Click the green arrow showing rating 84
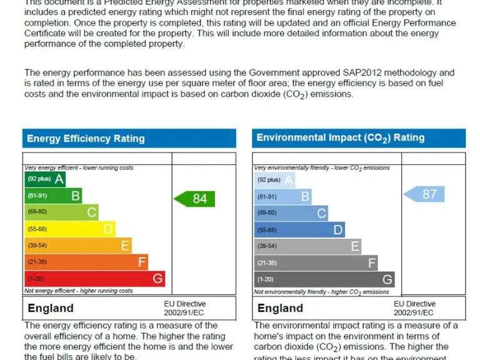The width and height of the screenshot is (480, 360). (x=194, y=199)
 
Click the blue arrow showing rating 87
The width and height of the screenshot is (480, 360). (x=424, y=194)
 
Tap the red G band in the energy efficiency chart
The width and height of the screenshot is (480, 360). (x=94, y=279)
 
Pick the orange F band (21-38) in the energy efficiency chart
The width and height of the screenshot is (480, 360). (x=86, y=262)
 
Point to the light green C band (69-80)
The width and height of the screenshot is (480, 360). (x=61, y=212)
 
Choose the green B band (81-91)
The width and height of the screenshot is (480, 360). (x=53, y=196)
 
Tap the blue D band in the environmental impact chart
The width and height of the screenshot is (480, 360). (x=299, y=229)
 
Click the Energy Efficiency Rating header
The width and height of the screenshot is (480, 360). (x=86, y=139)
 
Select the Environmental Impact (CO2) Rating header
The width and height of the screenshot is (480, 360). (x=340, y=138)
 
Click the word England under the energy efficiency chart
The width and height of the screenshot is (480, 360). (x=51, y=308)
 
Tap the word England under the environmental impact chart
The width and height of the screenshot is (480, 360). (x=280, y=308)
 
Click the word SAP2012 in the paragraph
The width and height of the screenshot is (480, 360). (x=368, y=73)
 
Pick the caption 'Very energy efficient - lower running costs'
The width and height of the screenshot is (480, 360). (x=79, y=168)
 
